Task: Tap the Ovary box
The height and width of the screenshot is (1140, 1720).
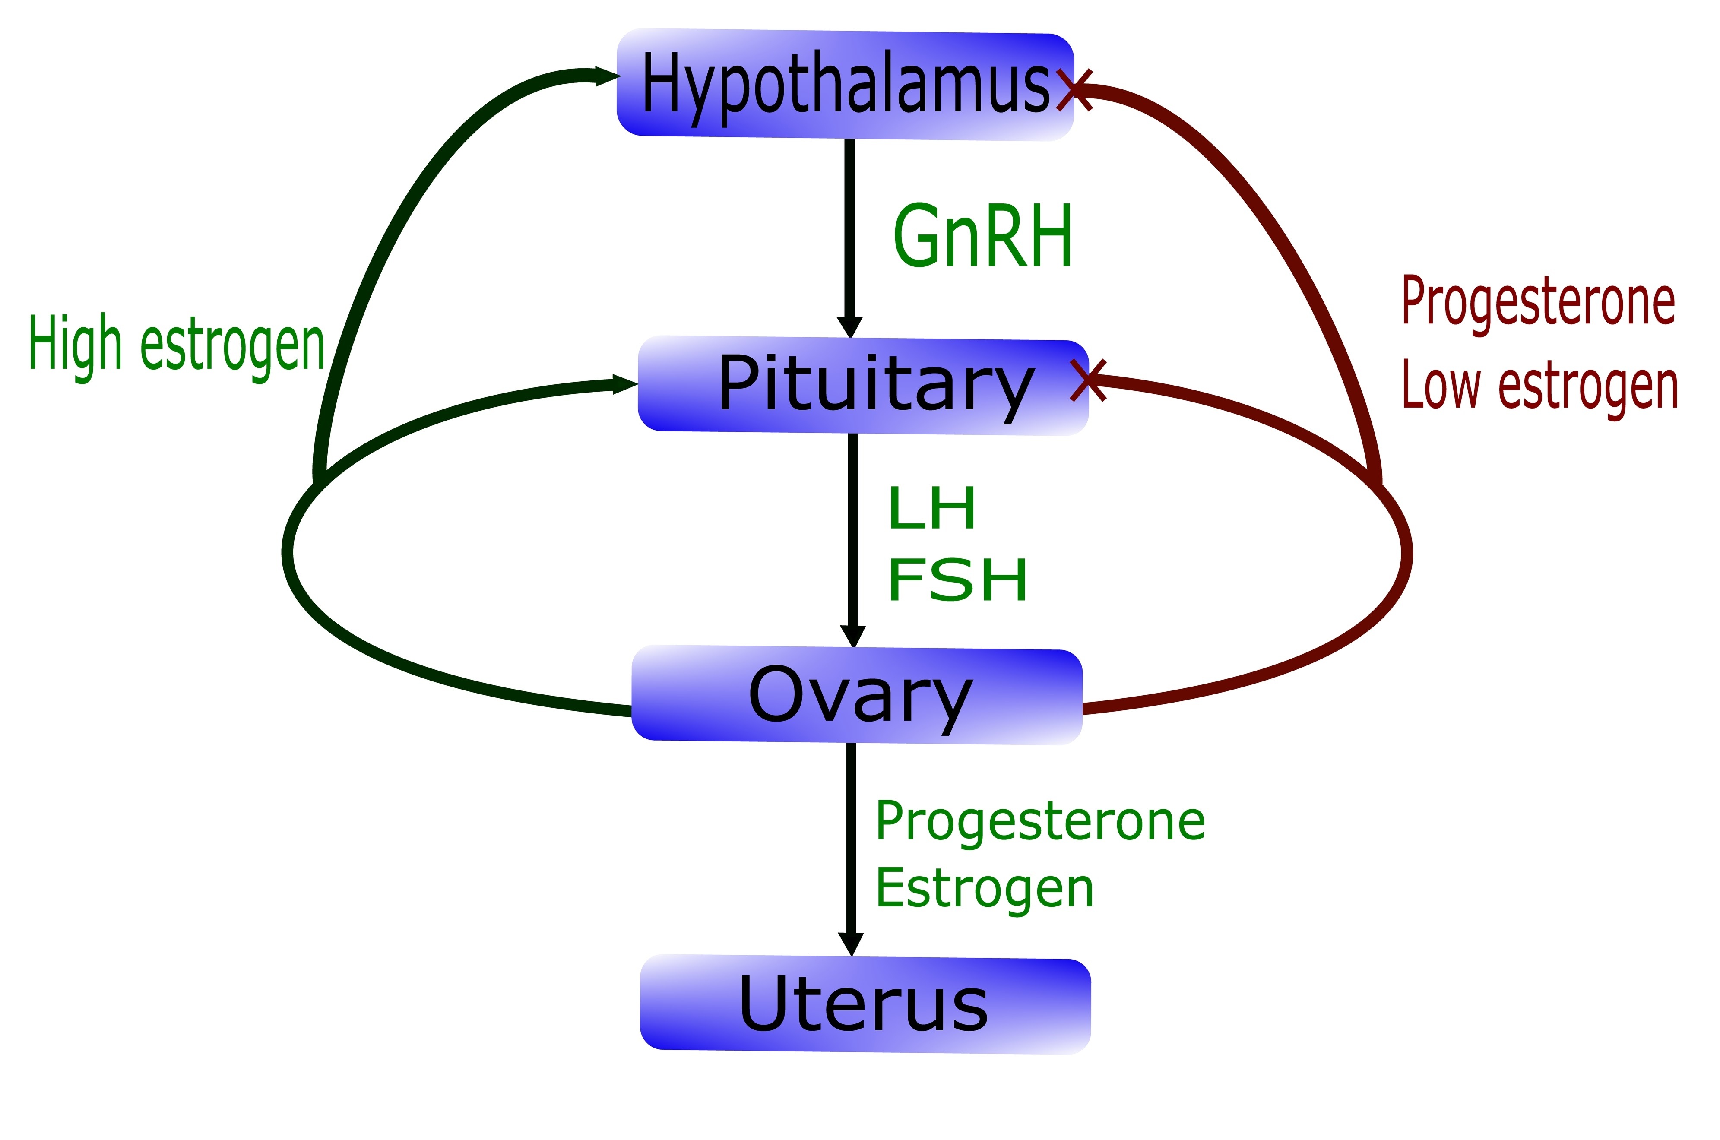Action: coord(857,695)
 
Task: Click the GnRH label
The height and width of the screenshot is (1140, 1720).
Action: coord(983,236)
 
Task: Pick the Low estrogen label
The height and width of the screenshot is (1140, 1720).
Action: coord(1540,387)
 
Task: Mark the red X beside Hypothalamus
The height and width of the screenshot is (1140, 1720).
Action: coord(1075,90)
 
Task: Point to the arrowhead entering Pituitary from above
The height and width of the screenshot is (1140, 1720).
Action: coord(849,328)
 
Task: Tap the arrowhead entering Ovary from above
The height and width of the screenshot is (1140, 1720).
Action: coord(853,637)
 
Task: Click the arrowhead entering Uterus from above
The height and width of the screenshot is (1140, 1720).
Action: coord(851,945)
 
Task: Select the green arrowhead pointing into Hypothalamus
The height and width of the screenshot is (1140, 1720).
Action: coord(608,76)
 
